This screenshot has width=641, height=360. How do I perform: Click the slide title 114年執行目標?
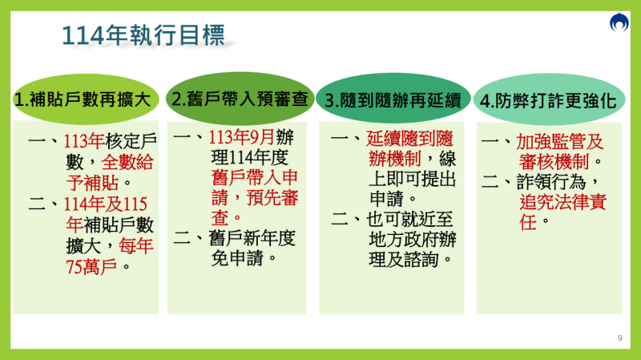(x=143, y=34)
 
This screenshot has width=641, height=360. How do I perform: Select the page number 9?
(x=619, y=338)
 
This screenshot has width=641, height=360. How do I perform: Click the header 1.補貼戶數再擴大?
(x=83, y=100)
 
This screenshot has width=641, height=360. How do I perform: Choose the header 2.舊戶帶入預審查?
(x=240, y=99)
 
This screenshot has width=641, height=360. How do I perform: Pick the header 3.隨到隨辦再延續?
(x=393, y=100)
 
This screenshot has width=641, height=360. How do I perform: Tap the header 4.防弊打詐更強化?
(x=548, y=100)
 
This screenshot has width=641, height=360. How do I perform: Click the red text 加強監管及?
(x=558, y=141)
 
